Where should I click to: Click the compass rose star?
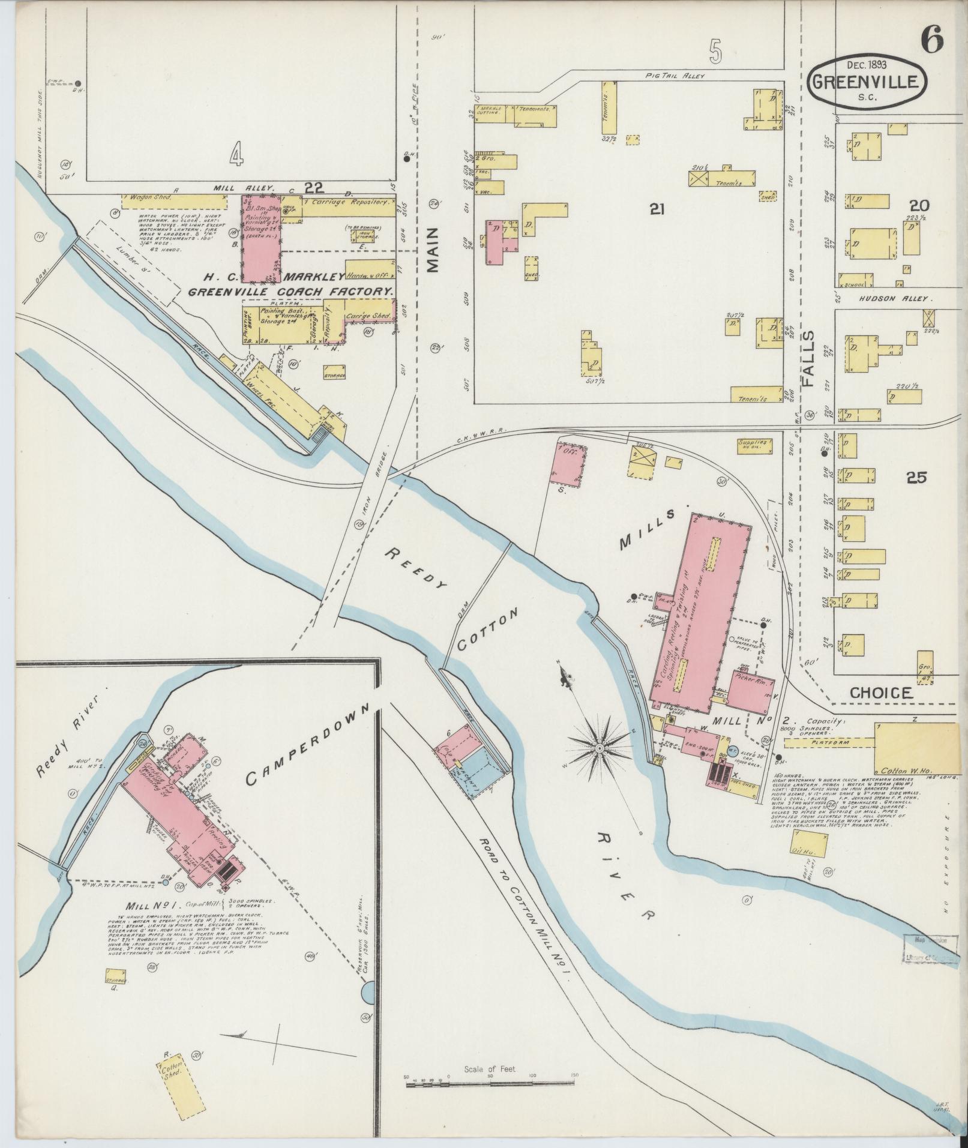click(599, 750)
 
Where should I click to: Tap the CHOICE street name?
click(880, 693)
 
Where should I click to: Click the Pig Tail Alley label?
click(674, 76)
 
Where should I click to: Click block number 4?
click(236, 156)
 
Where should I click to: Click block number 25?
click(916, 477)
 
